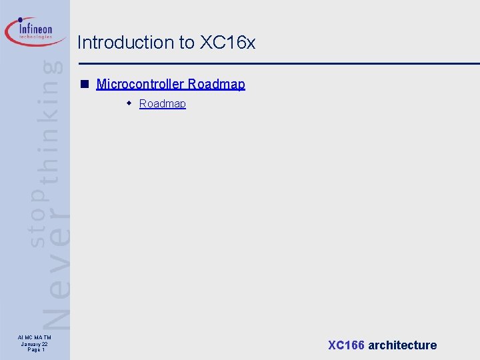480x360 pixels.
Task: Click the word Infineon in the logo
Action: pos(36,29)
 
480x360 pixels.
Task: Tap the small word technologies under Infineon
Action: pos(36,37)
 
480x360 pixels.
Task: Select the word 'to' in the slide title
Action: pos(187,43)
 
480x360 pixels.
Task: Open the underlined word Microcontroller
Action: pos(140,84)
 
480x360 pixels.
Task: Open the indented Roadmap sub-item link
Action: pos(163,103)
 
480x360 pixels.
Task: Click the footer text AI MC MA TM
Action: pos(34,338)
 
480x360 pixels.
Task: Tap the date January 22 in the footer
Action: pos(34,344)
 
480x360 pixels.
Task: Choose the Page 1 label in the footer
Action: pos(34,350)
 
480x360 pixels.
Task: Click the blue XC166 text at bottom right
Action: pos(346,345)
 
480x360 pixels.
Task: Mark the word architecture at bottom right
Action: pos(402,345)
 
